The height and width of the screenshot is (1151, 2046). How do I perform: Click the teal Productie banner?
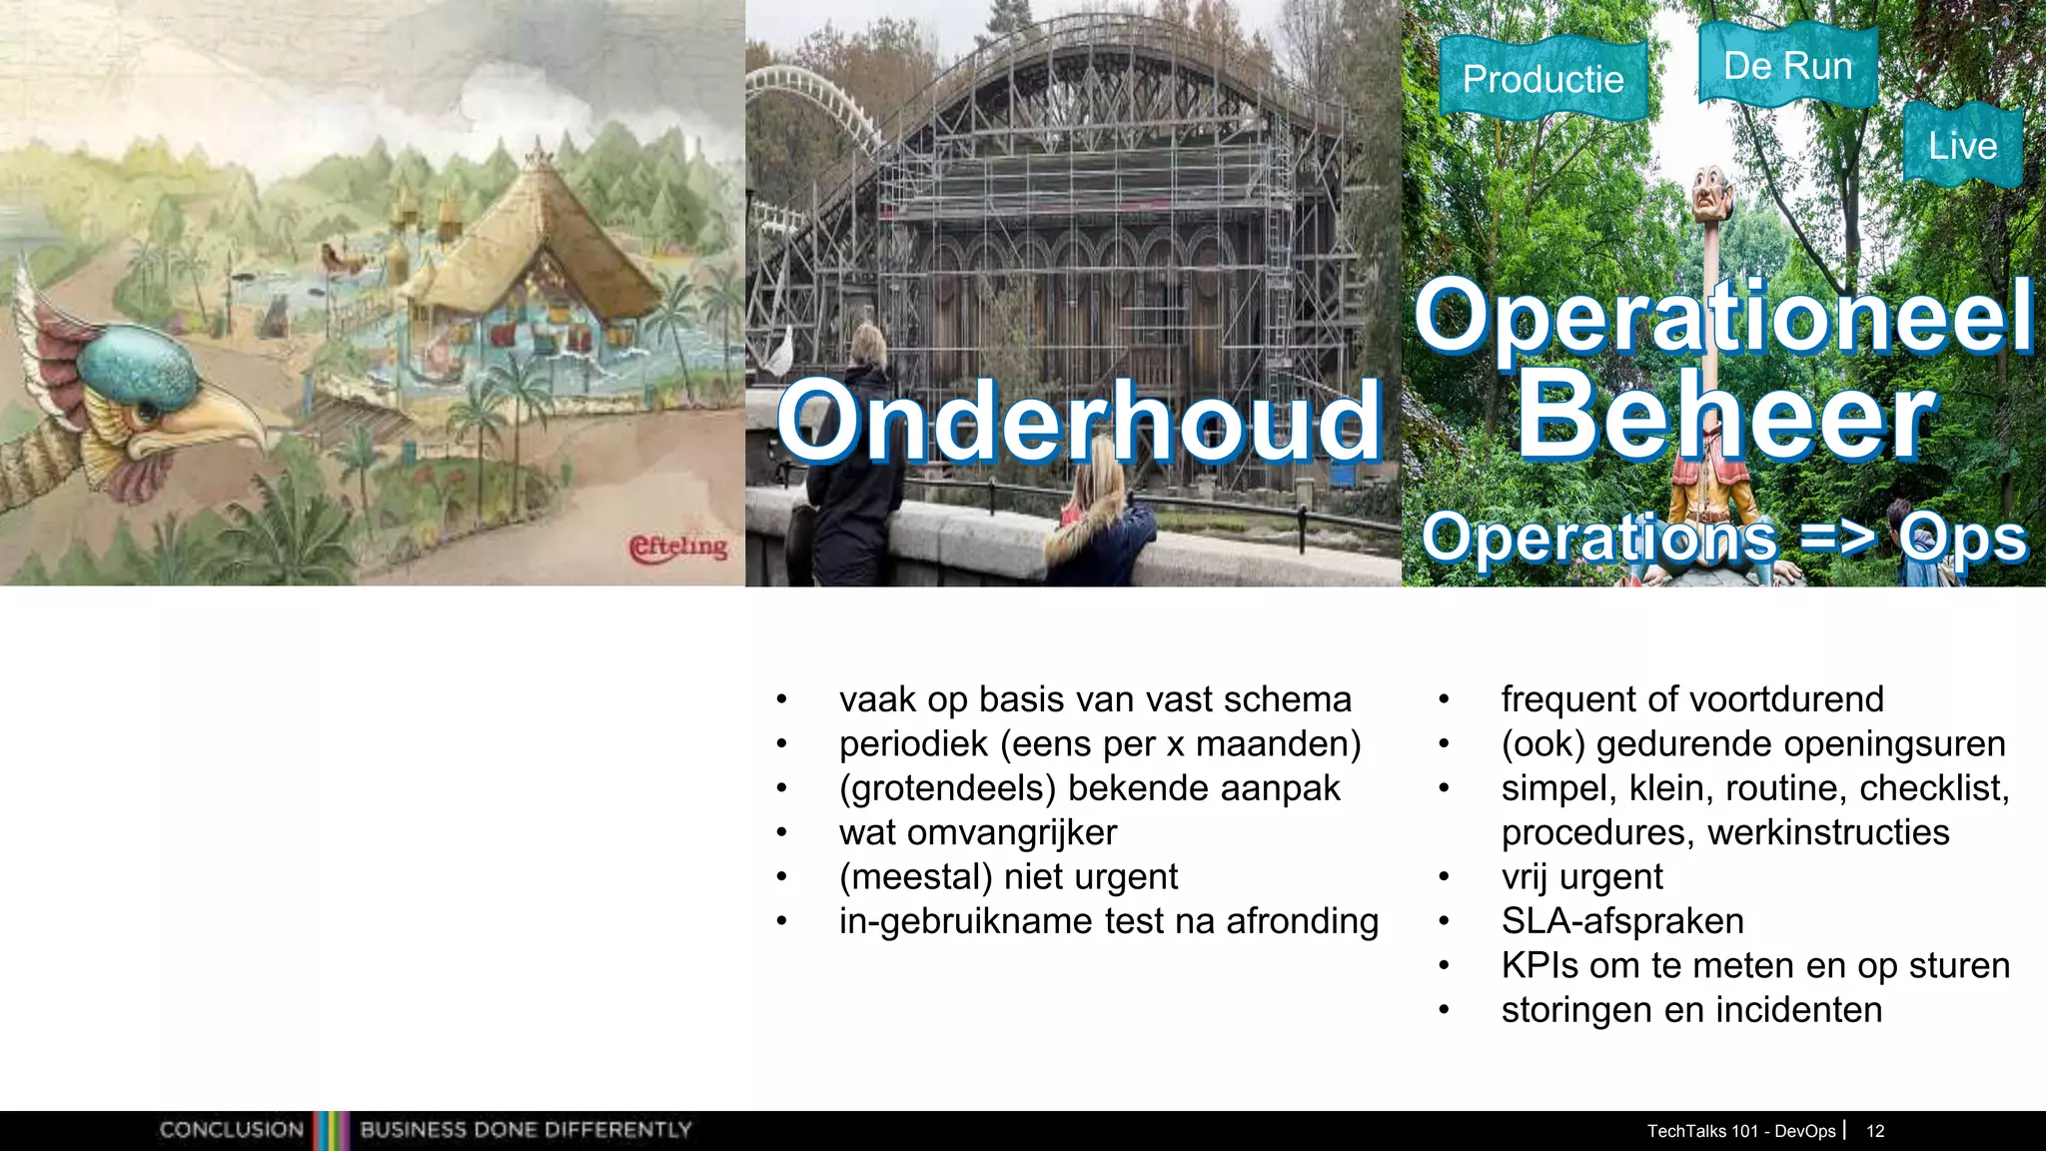(x=1543, y=78)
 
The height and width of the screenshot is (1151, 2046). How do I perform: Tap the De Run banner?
(x=1788, y=65)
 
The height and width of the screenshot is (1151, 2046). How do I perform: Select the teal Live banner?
(x=1962, y=146)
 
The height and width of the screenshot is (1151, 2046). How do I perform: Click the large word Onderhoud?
(x=1079, y=423)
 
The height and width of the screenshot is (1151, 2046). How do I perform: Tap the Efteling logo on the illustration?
(x=678, y=548)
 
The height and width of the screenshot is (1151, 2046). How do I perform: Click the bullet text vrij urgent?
(x=1581, y=877)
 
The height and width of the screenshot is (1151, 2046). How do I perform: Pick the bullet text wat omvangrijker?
(x=978, y=832)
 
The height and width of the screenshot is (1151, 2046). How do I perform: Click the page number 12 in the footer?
(x=1875, y=1131)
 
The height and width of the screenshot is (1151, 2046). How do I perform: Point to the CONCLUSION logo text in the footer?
(x=232, y=1130)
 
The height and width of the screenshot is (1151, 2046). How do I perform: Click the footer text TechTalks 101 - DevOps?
(x=1740, y=1131)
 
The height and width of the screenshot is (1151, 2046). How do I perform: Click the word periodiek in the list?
(x=913, y=744)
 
